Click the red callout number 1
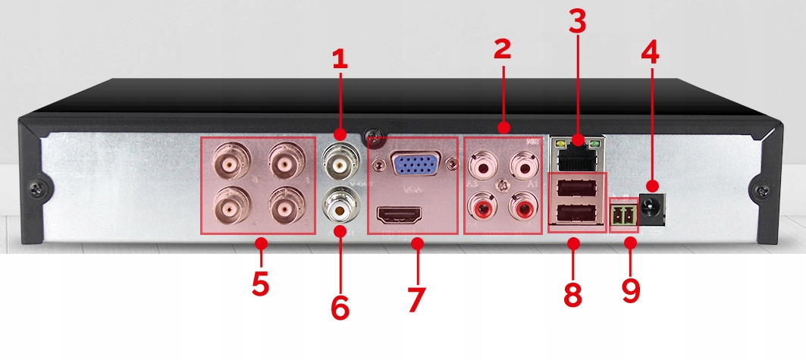click(x=340, y=60)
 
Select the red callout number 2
click(x=502, y=49)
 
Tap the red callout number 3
click(x=578, y=21)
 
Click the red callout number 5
click(x=260, y=283)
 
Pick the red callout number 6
click(x=340, y=307)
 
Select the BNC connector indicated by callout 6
click(x=339, y=204)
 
